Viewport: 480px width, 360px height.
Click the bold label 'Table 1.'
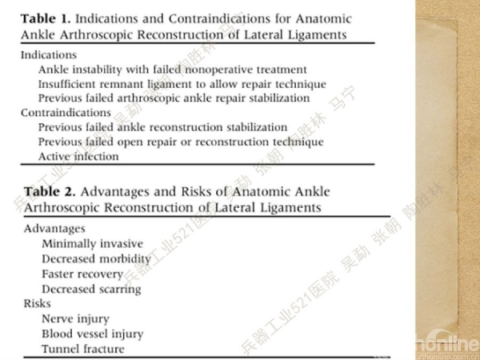coord(46,18)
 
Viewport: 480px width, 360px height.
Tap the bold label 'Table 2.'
coord(50,192)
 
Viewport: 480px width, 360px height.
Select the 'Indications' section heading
coord(48,55)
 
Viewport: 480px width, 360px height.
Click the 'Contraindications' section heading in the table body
coord(66,113)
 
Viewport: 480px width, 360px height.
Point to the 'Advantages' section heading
coord(54,229)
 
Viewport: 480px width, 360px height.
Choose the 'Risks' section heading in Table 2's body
coord(38,304)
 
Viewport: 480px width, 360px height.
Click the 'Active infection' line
coord(78,157)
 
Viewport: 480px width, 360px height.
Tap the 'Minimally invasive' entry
coord(93,244)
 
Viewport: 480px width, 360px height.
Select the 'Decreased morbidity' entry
coord(96,259)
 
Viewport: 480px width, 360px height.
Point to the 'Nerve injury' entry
coord(75,319)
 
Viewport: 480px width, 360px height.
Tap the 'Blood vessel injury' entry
coord(93,334)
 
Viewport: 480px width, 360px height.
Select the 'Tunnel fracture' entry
coord(83,350)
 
